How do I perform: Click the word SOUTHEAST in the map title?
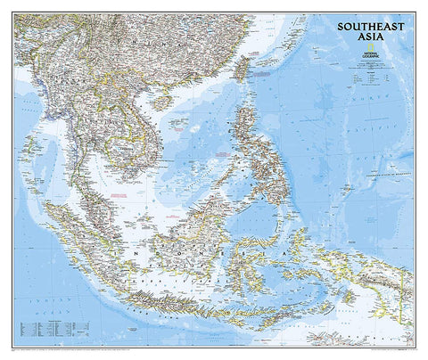(368, 26)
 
